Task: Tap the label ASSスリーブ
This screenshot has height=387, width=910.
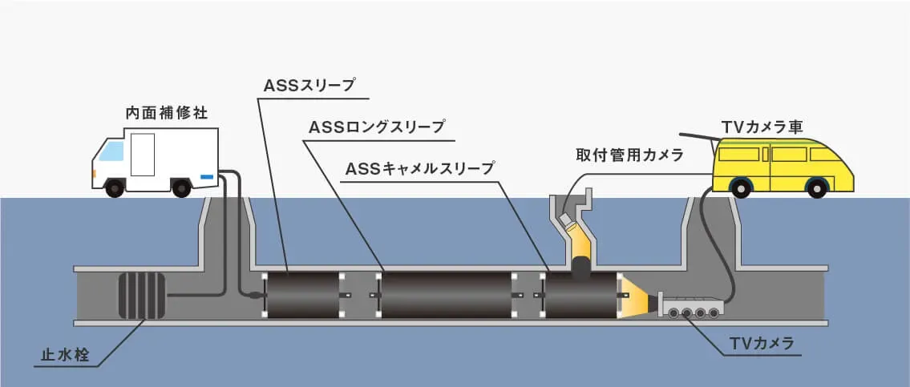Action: point(309,83)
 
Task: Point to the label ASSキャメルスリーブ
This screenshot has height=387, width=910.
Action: point(419,169)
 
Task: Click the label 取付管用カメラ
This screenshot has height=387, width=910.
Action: point(629,155)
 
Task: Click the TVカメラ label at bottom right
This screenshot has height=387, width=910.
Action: point(762,344)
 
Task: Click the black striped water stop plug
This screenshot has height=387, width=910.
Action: point(141,296)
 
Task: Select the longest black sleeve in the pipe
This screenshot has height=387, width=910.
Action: point(446,296)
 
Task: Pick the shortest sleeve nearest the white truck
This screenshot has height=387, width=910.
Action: point(303,296)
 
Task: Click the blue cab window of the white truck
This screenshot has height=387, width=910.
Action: point(111,151)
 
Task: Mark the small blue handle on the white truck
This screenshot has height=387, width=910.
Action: point(207,175)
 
